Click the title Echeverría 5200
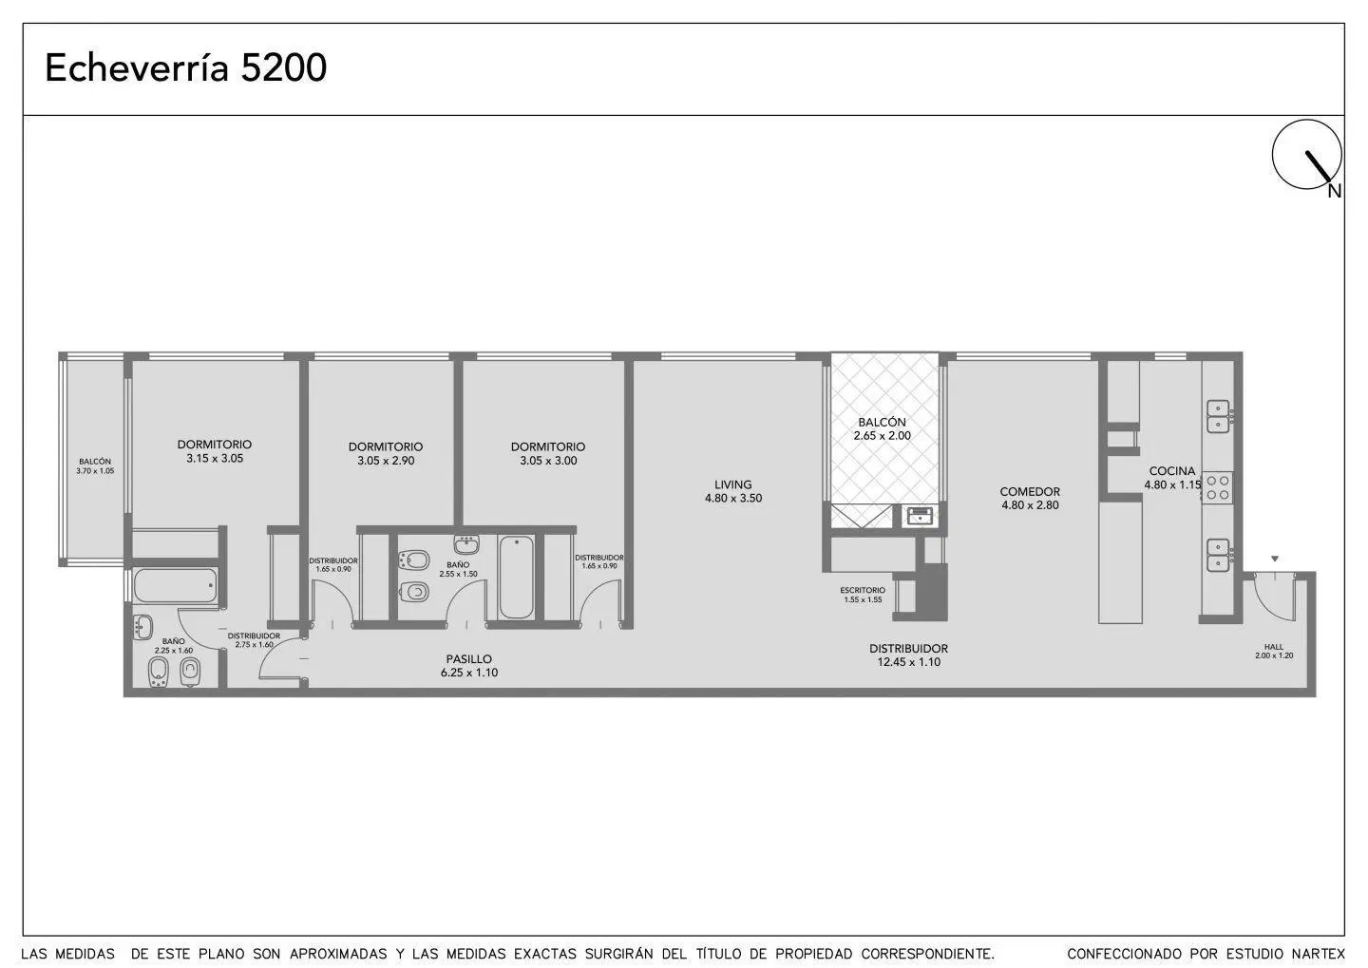(x=185, y=67)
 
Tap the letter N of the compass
(x=1335, y=191)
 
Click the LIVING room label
(x=732, y=484)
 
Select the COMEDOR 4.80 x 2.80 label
(x=1030, y=498)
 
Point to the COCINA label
(x=1172, y=471)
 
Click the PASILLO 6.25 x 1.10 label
(x=469, y=666)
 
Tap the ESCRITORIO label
(x=863, y=590)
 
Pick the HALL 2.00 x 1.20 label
(x=1274, y=651)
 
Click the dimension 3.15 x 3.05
(x=215, y=458)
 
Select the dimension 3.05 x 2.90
(x=386, y=461)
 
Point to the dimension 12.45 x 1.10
(x=909, y=662)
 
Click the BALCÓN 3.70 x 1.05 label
(x=95, y=466)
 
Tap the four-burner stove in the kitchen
(x=1218, y=486)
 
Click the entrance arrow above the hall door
(x=1275, y=559)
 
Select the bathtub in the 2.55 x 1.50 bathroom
(x=516, y=578)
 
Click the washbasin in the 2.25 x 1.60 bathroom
(x=142, y=627)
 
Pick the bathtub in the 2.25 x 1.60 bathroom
(x=175, y=586)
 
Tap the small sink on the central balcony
(x=919, y=516)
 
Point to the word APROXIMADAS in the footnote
(x=338, y=954)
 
